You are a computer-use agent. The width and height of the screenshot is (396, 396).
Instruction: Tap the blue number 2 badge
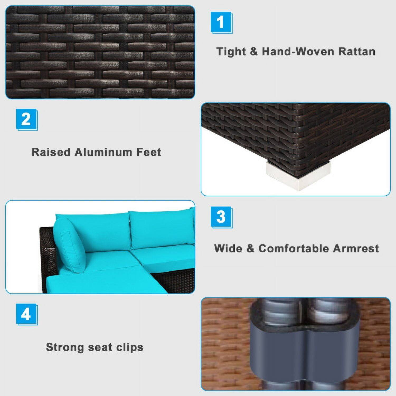27,120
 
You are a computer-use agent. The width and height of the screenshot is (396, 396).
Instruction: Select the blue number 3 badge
221,217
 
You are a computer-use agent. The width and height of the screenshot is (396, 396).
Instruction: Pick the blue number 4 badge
27,314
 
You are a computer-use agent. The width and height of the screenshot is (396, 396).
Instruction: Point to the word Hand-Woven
298,51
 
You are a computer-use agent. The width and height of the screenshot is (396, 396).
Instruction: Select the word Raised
51,152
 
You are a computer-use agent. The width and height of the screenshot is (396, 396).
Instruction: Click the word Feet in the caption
149,152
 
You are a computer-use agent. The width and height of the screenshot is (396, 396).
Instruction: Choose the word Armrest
356,248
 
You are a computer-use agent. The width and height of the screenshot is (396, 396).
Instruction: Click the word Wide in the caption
228,248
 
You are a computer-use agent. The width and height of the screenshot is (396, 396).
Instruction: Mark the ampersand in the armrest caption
250,248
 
